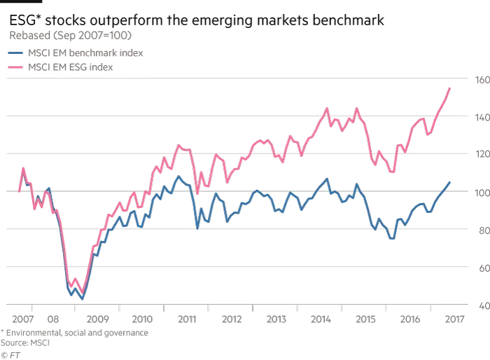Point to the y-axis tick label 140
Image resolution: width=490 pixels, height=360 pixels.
pyautogui.click(x=480, y=118)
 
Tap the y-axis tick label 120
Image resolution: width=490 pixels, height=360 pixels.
pyautogui.click(x=480, y=155)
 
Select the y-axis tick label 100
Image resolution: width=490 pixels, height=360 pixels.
pyautogui.click(x=480, y=193)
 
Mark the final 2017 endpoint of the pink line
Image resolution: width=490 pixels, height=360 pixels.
pyautogui.click(x=449, y=88)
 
